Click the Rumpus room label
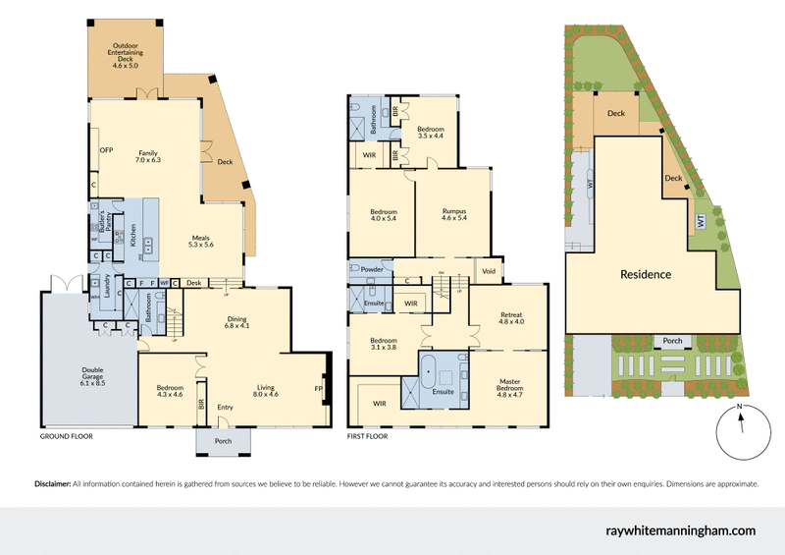(452, 213)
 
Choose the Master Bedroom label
(509, 385)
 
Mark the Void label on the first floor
(487, 270)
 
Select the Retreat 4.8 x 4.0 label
(511, 317)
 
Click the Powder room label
(371, 268)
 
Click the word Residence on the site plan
(645, 274)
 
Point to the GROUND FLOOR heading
(66, 434)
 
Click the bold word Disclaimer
(52, 484)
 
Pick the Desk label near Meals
(193, 284)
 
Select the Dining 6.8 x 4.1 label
(237, 321)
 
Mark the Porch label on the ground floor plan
(223, 441)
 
